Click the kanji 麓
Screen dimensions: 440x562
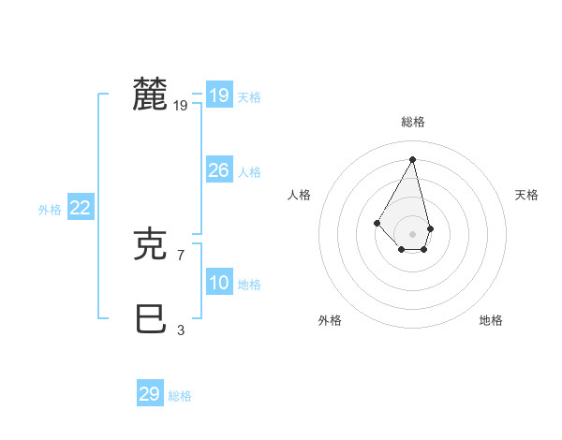click(151, 95)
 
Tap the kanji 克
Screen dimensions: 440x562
click(151, 244)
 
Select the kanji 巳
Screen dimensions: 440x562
click(151, 319)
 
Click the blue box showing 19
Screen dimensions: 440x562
click(218, 95)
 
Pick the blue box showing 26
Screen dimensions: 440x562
click(218, 170)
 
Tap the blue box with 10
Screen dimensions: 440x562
click(218, 283)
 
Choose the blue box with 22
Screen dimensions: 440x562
click(80, 208)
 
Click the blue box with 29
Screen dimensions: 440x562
click(149, 394)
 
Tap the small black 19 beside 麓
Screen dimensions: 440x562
click(181, 106)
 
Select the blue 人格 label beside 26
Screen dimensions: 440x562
click(249, 172)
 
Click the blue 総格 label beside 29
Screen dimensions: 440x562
click(180, 396)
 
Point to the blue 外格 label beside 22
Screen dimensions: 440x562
click(50, 210)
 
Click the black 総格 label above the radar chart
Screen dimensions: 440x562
click(413, 122)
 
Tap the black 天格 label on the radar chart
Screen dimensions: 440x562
click(526, 195)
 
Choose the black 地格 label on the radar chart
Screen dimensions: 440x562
click(491, 320)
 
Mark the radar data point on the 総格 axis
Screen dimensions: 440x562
click(413, 159)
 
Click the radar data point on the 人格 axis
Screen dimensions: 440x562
click(377, 222)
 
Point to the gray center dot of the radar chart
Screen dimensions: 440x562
click(413, 234)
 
